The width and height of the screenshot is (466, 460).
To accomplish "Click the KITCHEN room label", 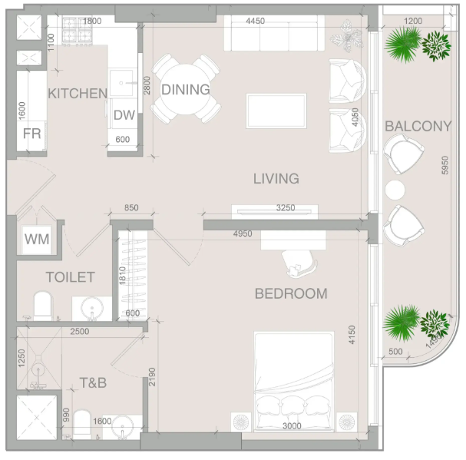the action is [x=78, y=94].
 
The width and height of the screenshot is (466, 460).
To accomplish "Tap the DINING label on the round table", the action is [x=186, y=90].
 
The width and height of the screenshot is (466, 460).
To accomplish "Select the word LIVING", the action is [x=276, y=178].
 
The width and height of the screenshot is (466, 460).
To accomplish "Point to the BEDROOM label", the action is [x=291, y=294].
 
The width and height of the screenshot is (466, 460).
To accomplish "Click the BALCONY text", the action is [x=418, y=126].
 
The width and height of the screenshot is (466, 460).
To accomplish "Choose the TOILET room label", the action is [x=71, y=277].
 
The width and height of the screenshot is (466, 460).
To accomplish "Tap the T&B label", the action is [x=93, y=382].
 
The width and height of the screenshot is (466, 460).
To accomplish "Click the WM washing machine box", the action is [x=37, y=239].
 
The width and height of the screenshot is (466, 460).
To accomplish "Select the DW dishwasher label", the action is [x=124, y=115].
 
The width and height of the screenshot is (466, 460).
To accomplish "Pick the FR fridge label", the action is [x=31, y=134].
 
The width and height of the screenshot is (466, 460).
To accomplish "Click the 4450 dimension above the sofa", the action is [x=256, y=21].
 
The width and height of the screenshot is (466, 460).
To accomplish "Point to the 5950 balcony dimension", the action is [x=445, y=165].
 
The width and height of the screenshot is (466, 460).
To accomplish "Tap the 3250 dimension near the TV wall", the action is [x=286, y=207].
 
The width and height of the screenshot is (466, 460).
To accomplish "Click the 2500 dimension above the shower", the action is [x=80, y=331].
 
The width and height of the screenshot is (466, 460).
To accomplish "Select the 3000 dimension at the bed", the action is [x=292, y=425].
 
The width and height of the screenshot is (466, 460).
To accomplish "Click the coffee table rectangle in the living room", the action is [x=276, y=111].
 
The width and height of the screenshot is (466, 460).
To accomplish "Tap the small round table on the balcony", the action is [x=395, y=190].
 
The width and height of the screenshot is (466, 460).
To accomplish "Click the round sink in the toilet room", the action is [x=92, y=309].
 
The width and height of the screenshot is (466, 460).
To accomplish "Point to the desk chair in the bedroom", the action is [x=299, y=263].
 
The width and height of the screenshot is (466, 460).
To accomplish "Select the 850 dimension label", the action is [x=131, y=207].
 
